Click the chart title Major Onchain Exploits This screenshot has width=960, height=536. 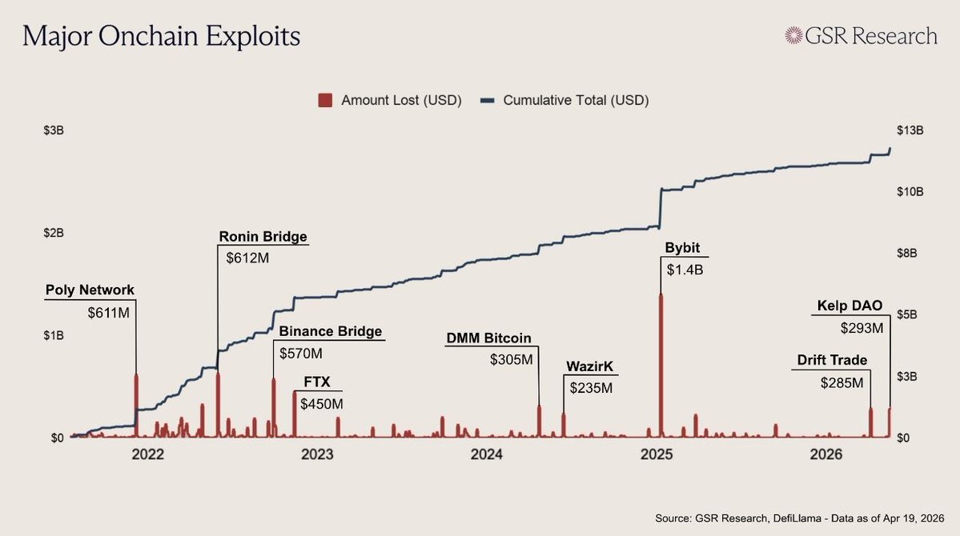[162, 37]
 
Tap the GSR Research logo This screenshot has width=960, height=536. [861, 36]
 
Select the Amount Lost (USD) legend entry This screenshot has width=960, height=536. [390, 100]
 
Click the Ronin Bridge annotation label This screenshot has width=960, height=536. [263, 237]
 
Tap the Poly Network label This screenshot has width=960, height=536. [90, 290]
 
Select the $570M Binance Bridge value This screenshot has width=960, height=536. [300, 353]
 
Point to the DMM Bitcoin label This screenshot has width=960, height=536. [488, 338]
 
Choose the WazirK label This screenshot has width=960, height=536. [592, 367]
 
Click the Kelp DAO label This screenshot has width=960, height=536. [850, 306]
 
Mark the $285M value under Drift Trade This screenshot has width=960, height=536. [842, 383]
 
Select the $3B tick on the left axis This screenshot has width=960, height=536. [54, 130]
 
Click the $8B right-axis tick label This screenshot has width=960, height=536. [907, 254]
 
